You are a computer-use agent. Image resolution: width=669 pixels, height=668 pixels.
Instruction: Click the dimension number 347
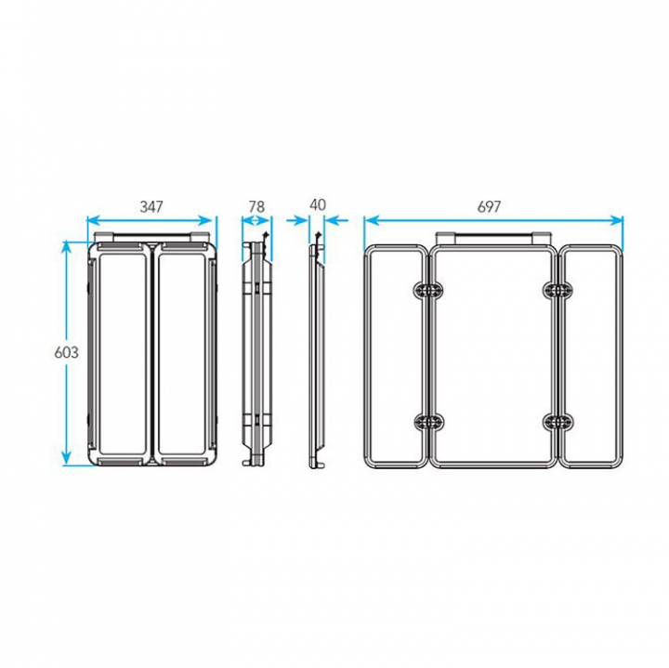pyautogui.click(x=151, y=206)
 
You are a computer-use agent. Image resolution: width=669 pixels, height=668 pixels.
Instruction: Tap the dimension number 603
pyautogui.click(x=67, y=352)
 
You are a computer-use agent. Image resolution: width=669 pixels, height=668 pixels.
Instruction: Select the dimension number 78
pyautogui.click(x=256, y=206)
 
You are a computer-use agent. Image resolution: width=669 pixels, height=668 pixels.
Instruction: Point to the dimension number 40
pyautogui.click(x=318, y=204)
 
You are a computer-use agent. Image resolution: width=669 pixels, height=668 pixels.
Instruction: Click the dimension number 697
pyautogui.click(x=489, y=206)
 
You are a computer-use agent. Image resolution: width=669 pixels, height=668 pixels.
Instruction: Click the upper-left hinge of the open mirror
pyautogui.click(x=428, y=291)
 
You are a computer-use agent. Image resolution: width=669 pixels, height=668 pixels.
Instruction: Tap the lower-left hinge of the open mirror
pyautogui.click(x=428, y=422)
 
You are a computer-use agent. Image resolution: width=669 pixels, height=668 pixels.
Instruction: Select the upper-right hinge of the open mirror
pyautogui.click(x=558, y=291)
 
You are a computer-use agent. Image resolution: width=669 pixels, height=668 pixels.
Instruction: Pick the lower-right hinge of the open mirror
pyautogui.click(x=558, y=422)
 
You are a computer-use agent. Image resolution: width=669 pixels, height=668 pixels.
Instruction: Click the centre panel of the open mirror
pyautogui.click(x=493, y=357)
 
